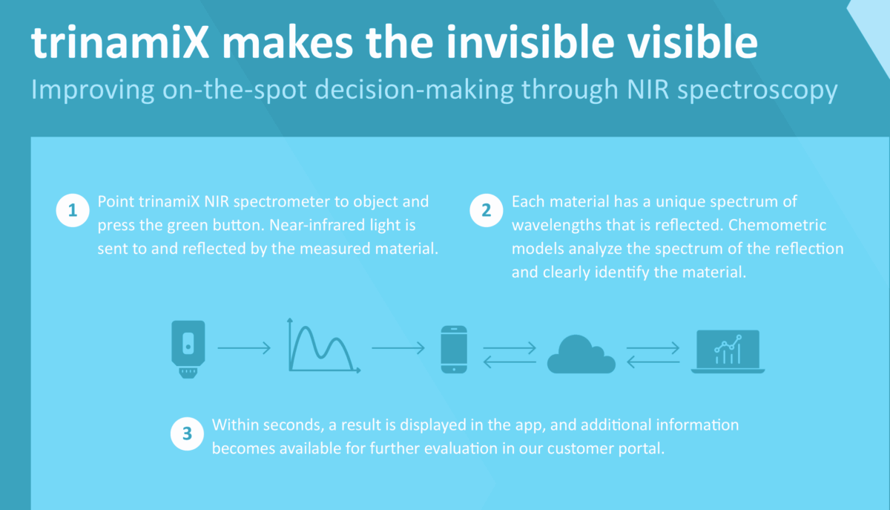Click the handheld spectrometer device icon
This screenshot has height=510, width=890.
pos(188,349)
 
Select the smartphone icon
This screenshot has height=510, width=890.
pos(453,349)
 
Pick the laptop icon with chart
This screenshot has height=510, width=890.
pos(727,351)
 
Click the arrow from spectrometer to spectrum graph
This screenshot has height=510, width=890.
pos(245,347)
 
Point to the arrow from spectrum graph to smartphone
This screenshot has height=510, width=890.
pos(398,347)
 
